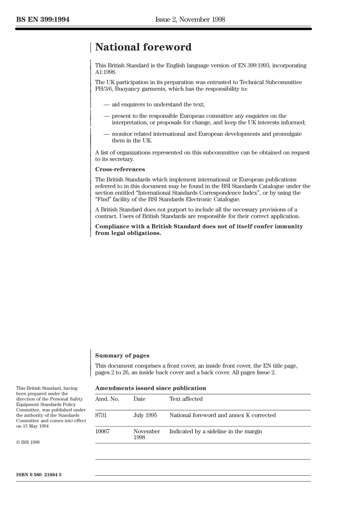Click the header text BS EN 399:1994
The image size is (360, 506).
click(43, 20)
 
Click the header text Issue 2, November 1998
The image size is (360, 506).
click(190, 20)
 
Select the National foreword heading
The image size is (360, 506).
click(143, 47)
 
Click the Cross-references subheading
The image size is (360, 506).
click(120, 169)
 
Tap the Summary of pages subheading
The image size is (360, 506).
click(122, 356)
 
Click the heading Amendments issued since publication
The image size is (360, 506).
click(150, 388)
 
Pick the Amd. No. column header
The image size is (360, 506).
click(107, 399)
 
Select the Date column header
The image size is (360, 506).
click(139, 399)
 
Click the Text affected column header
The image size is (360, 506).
click(186, 399)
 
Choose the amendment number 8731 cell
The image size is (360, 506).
click(101, 415)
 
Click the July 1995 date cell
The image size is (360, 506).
click(145, 415)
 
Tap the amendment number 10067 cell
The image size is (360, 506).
click(102, 432)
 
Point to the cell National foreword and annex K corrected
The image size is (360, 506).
click(222, 415)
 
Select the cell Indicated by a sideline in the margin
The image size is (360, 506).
click(216, 432)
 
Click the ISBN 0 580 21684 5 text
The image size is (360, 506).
click(39, 475)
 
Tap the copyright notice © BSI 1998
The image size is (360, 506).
click(28, 442)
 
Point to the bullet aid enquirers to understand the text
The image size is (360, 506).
click(158, 105)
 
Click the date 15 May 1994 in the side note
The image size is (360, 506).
click(35, 426)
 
